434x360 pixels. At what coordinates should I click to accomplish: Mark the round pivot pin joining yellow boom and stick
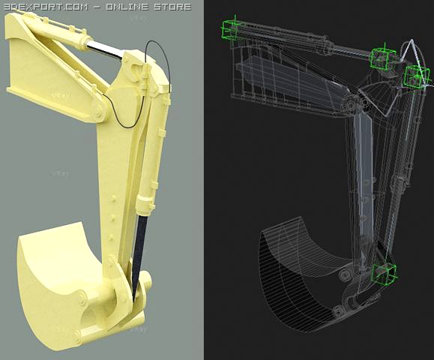(x=97, y=115)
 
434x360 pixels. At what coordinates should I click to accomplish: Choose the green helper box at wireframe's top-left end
(x=231, y=29)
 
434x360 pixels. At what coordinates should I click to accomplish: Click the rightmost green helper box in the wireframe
(x=416, y=76)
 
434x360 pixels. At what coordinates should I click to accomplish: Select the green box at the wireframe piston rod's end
(x=383, y=58)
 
